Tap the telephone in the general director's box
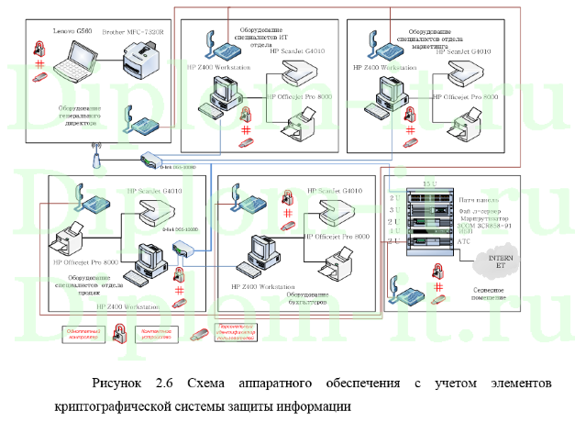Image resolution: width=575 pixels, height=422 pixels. (138, 118)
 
